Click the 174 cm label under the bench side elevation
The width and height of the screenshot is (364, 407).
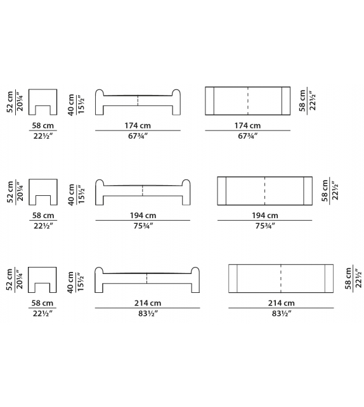[138, 126]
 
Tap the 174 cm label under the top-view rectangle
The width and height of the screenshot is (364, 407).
[247, 126]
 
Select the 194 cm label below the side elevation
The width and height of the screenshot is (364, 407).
[143, 216]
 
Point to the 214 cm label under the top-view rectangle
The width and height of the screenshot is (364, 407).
[281, 303]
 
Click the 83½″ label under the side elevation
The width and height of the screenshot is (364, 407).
[148, 314]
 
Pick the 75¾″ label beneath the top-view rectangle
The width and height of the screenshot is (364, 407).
[265, 226]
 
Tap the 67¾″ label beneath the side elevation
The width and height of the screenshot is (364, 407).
[138, 136]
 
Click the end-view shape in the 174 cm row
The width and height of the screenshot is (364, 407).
[43, 102]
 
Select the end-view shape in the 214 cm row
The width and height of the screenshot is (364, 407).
[42, 280]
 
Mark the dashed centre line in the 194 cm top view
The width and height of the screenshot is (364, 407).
[265, 191]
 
